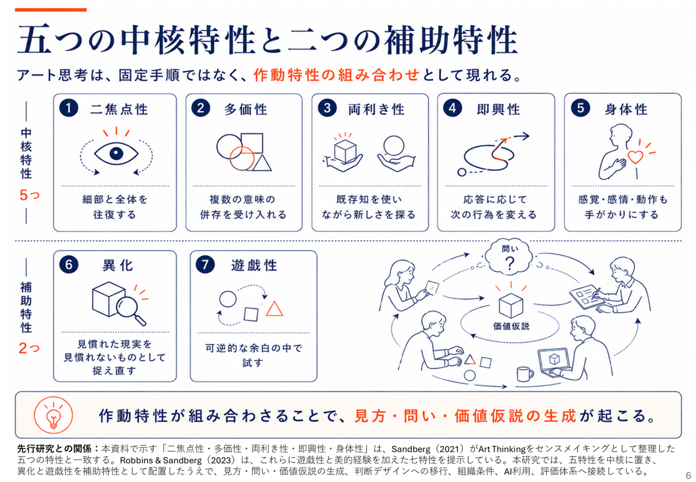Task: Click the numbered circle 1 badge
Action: click(69, 108)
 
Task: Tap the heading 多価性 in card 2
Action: click(246, 110)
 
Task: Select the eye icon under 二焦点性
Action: click(116, 153)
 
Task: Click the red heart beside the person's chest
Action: click(635, 157)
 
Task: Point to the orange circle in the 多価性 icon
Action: click(242, 158)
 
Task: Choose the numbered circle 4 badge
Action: click(452, 108)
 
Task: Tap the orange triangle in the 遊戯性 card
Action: click(274, 309)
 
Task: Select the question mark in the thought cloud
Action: click(510, 263)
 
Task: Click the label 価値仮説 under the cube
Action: click(511, 326)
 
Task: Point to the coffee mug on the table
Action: click(525, 374)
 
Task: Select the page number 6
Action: click(689, 475)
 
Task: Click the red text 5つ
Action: click(30, 195)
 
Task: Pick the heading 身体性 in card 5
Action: click(626, 110)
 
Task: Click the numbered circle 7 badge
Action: click(205, 264)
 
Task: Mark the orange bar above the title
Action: click(50, 10)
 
